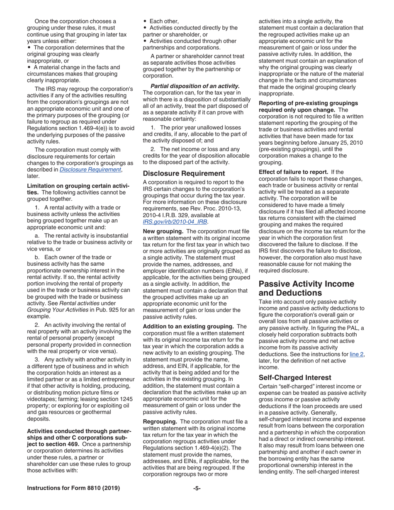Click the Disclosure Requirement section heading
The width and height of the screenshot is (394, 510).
(184, 173)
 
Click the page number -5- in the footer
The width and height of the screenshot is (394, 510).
(197, 488)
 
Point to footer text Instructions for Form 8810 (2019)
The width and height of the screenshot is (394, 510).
(73, 488)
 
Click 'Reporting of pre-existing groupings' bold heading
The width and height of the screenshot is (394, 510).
(308, 103)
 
